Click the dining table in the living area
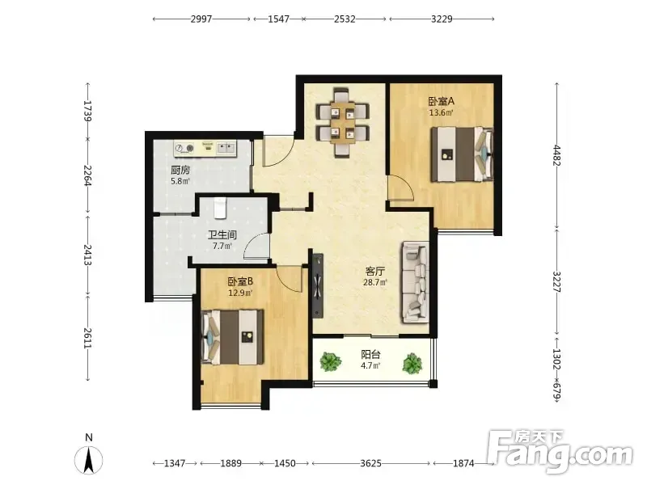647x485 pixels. pos(342,123)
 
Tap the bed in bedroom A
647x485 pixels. pos(462,154)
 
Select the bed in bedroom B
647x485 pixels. pos(232,337)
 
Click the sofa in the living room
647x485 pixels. pos(415,281)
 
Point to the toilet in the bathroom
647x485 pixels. pos(221,208)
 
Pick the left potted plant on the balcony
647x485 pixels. pos(331,361)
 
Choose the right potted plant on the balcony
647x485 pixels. pos(412,363)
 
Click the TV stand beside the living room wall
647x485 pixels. pos(318,286)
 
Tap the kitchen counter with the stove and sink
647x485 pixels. pos(205,149)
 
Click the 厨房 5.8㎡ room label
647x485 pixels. pos(180,175)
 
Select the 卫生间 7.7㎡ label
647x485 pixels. pos(222,240)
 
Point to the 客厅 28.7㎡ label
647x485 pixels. pos(375,276)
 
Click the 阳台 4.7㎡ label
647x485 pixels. pos(370,360)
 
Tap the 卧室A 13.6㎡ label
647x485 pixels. pos(441,107)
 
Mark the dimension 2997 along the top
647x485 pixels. pos(201,19)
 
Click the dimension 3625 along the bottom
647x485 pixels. pos(370,463)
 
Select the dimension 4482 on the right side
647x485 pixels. pos(557,155)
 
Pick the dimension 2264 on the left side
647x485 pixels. pos(87,175)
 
